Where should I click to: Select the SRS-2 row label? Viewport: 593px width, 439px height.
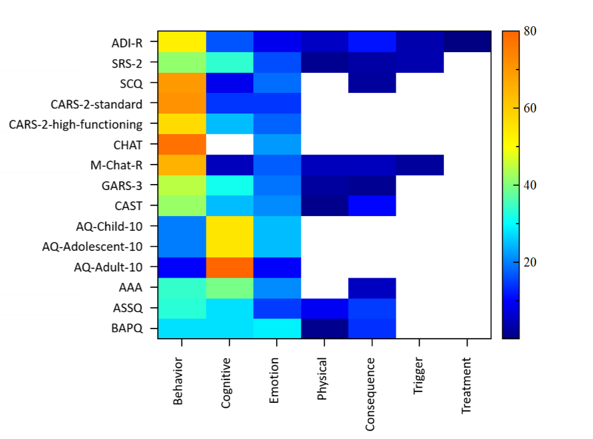tap(126, 64)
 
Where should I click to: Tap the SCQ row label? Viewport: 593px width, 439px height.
tap(130, 84)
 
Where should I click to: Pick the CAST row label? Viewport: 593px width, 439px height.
tap(128, 206)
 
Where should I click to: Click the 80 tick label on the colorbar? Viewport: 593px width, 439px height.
tap(529, 31)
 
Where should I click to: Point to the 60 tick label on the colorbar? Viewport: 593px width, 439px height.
tap(529, 108)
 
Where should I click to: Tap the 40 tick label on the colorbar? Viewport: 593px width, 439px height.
tap(529, 185)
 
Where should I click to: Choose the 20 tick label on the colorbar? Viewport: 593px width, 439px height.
tap(529, 262)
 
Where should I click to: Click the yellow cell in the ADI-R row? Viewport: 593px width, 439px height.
tap(182, 41)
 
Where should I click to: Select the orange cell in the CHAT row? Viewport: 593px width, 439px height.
tap(182, 144)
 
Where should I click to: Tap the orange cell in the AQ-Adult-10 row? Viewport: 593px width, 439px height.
tap(230, 267)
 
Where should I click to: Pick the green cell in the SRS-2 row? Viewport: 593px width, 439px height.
tap(182, 62)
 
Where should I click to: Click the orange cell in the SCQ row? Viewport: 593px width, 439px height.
tap(182, 82)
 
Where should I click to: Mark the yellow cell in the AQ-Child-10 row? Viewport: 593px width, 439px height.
tap(230, 226)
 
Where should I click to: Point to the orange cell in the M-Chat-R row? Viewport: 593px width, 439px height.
tap(182, 165)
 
